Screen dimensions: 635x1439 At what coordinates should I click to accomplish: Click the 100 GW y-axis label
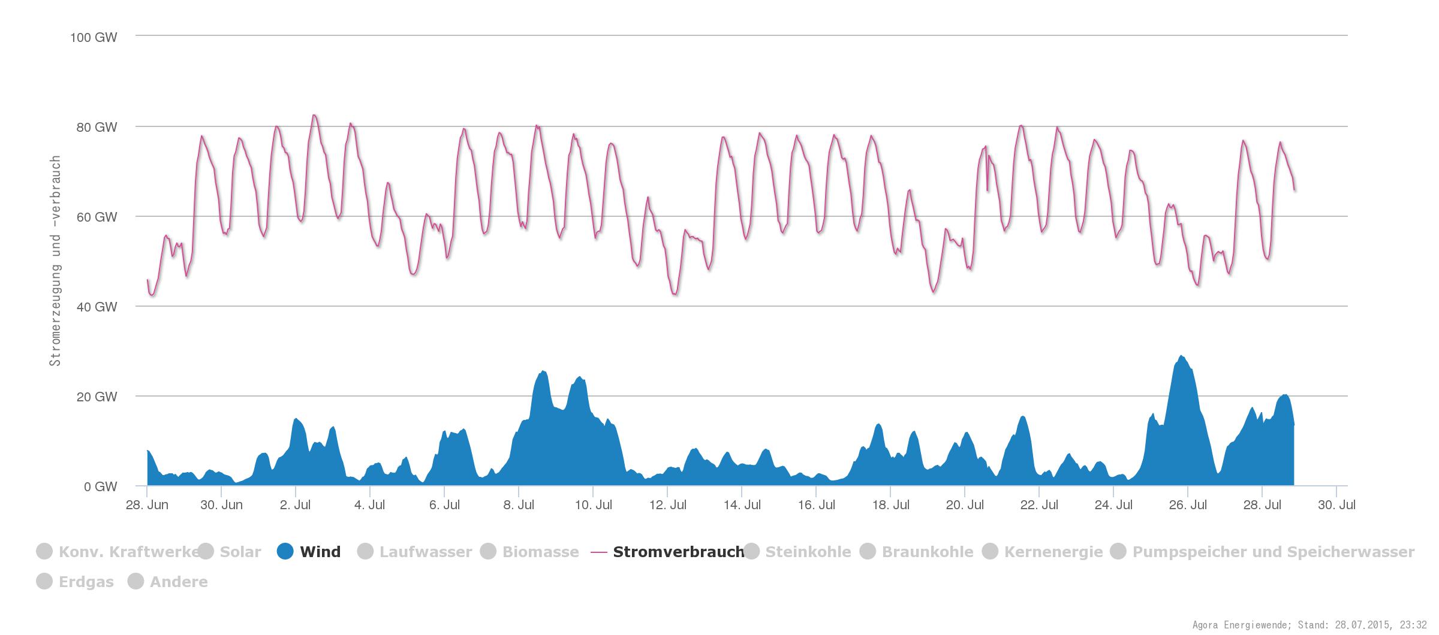pos(94,37)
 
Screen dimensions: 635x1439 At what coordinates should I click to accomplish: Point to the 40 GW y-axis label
pos(97,307)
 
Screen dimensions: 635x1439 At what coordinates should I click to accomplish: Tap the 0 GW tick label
pos(100,486)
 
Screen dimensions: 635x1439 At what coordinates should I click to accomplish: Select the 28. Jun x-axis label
pos(147,504)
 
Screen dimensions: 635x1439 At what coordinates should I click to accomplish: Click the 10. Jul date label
pos(593,504)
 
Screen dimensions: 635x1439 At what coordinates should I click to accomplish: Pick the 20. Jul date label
pos(965,504)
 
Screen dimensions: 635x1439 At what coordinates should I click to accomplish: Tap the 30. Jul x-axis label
pos(1336,504)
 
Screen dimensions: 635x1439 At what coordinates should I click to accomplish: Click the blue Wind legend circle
pos(285,551)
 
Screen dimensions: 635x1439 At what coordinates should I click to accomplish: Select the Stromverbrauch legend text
pos(678,552)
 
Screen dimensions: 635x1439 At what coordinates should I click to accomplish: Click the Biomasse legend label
pos(540,552)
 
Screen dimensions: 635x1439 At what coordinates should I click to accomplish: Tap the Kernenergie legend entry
pos(1053,552)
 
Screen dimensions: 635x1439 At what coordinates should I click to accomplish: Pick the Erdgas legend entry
pos(86,582)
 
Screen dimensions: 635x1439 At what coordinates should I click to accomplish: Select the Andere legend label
pos(179,582)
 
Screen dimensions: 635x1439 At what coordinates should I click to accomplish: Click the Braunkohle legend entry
pos(927,552)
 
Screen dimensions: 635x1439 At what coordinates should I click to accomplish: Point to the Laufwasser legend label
pos(425,552)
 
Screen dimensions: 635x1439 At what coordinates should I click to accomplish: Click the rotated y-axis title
pos(55,261)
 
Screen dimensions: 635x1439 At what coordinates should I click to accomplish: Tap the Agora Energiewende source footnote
pos(1309,625)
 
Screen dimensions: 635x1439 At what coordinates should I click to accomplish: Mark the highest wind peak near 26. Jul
pos(1181,356)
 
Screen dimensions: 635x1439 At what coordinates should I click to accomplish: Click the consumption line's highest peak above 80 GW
pos(314,115)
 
